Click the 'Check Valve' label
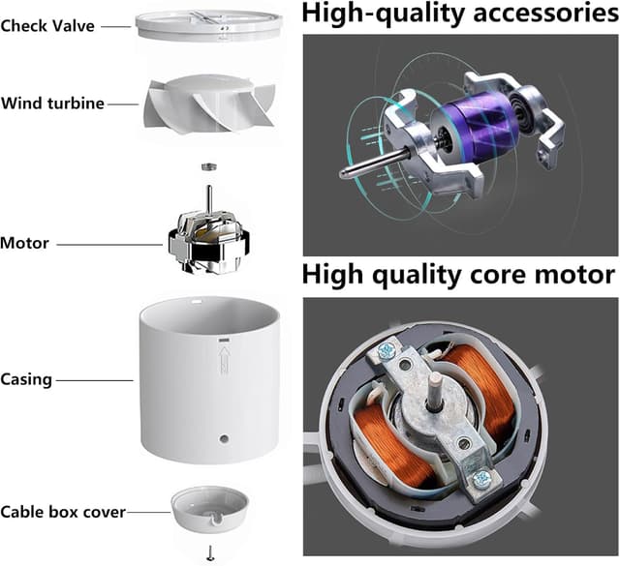(x=47, y=26)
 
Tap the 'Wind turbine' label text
(x=52, y=104)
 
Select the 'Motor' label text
(x=24, y=243)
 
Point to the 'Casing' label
(x=26, y=379)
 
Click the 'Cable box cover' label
(x=63, y=512)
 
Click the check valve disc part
(x=209, y=25)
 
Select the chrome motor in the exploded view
(x=209, y=240)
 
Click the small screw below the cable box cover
(x=210, y=553)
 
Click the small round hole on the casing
(x=224, y=438)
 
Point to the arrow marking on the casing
(x=224, y=359)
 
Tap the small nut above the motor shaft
(x=209, y=166)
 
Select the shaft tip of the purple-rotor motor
(x=345, y=172)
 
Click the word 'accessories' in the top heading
(x=545, y=14)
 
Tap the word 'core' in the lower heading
(x=497, y=275)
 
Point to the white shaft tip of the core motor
(x=437, y=380)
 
